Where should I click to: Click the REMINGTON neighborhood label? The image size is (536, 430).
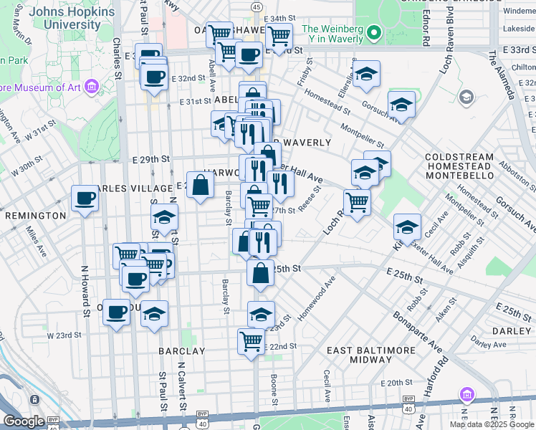[31, 215]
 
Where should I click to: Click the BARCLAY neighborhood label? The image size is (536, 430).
[181, 351]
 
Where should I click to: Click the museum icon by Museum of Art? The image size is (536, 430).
[91, 87]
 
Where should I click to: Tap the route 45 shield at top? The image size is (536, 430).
[257, 6]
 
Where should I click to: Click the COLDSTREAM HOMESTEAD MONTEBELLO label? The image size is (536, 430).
[459, 166]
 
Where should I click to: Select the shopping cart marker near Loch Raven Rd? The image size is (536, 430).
[357, 201]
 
